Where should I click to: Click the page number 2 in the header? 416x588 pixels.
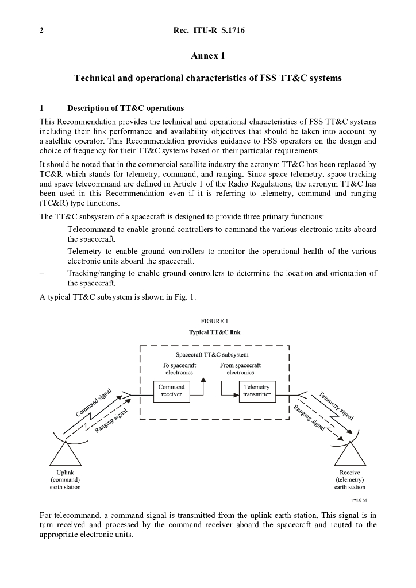tap(41, 30)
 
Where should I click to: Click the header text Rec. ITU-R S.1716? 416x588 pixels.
tap(208, 30)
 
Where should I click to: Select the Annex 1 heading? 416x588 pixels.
tap(208, 56)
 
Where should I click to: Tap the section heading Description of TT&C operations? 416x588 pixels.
tap(125, 108)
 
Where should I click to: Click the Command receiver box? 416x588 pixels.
tap(171, 391)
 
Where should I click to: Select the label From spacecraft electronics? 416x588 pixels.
tap(240, 368)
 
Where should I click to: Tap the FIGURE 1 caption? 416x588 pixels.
tap(207, 322)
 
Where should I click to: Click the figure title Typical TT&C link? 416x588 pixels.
tap(207, 332)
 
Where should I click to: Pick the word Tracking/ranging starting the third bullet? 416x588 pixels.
tap(95, 273)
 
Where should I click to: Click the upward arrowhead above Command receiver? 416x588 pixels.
tap(202, 379)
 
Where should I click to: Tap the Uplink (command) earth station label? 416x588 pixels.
tap(66, 479)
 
